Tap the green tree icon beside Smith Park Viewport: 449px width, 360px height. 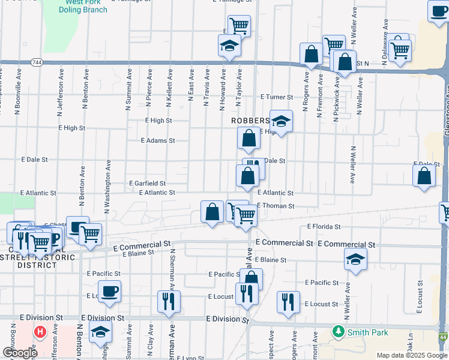339,332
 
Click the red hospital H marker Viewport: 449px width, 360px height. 40,332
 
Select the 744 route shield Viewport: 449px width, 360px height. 37,62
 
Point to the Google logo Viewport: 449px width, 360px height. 20,353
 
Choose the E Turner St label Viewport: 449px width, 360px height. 277,97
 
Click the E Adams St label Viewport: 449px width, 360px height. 157,141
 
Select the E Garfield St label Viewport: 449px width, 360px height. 147,184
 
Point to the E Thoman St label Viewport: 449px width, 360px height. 276,206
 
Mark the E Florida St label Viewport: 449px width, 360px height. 324,227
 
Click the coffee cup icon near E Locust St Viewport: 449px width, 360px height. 109,292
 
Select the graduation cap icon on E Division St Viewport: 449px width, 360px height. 100,332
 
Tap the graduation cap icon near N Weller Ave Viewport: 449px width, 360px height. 355,259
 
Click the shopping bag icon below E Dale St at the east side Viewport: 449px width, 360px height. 424,176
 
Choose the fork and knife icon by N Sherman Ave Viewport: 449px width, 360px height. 168,302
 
